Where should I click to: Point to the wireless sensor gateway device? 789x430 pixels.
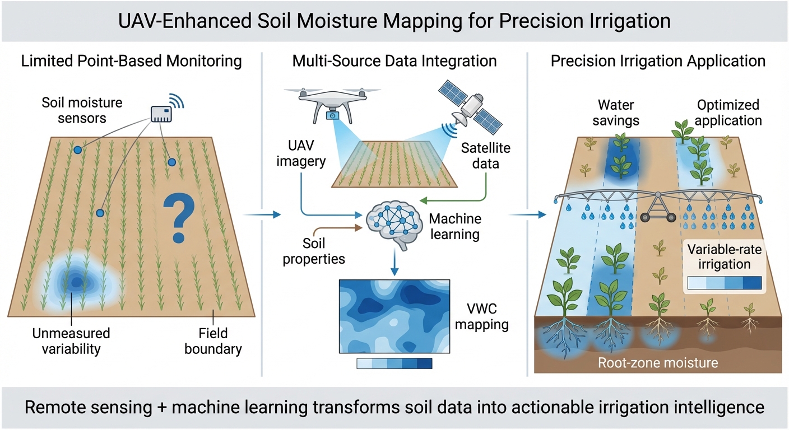click(x=163, y=113)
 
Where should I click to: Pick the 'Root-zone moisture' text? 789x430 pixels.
click(x=657, y=363)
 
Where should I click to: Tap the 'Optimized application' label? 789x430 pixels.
click(x=729, y=112)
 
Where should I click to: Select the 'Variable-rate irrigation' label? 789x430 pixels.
click(x=724, y=256)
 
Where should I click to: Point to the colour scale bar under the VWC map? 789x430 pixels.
click(x=395, y=363)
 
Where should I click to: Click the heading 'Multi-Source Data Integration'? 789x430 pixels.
click(x=395, y=61)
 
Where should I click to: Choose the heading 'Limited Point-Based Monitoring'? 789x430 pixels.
click(x=132, y=61)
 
